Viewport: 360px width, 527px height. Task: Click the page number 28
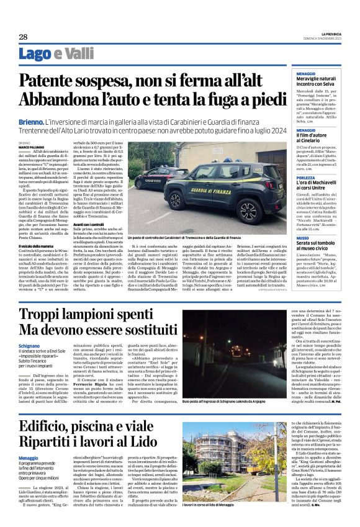tap(23, 37)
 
